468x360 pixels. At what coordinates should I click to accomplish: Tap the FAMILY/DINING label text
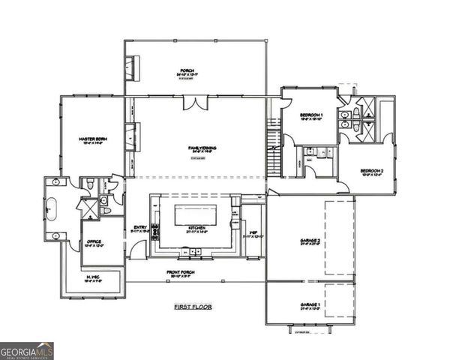tap(202, 148)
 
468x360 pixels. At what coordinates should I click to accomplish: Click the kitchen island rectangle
tap(195, 214)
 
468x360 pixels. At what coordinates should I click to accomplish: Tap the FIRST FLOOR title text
tap(193, 307)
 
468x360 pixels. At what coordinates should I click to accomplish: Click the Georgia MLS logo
tap(27, 351)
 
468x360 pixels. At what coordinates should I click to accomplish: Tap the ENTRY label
tap(140, 228)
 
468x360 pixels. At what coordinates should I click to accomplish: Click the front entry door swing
tap(137, 250)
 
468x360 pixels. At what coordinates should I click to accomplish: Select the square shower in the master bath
tap(87, 208)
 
